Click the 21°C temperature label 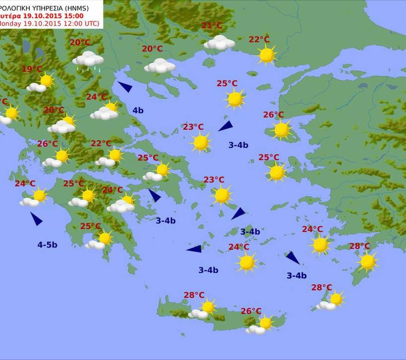coord(211,26)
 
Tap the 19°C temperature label coord(32,69)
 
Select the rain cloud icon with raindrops coord(88,60)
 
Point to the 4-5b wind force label coord(47,244)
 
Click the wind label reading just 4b coord(138,110)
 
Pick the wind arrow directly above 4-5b coord(36,219)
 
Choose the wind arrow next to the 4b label coord(125,87)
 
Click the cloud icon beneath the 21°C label coord(219,43)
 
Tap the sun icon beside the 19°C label coord(47,80)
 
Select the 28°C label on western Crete coord(194,295)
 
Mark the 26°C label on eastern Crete coord(251,311)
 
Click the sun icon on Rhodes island coord(367,261)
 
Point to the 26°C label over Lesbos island coord(273,115)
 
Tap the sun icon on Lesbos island coord(281,130)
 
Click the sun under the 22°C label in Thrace coord(266,55)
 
